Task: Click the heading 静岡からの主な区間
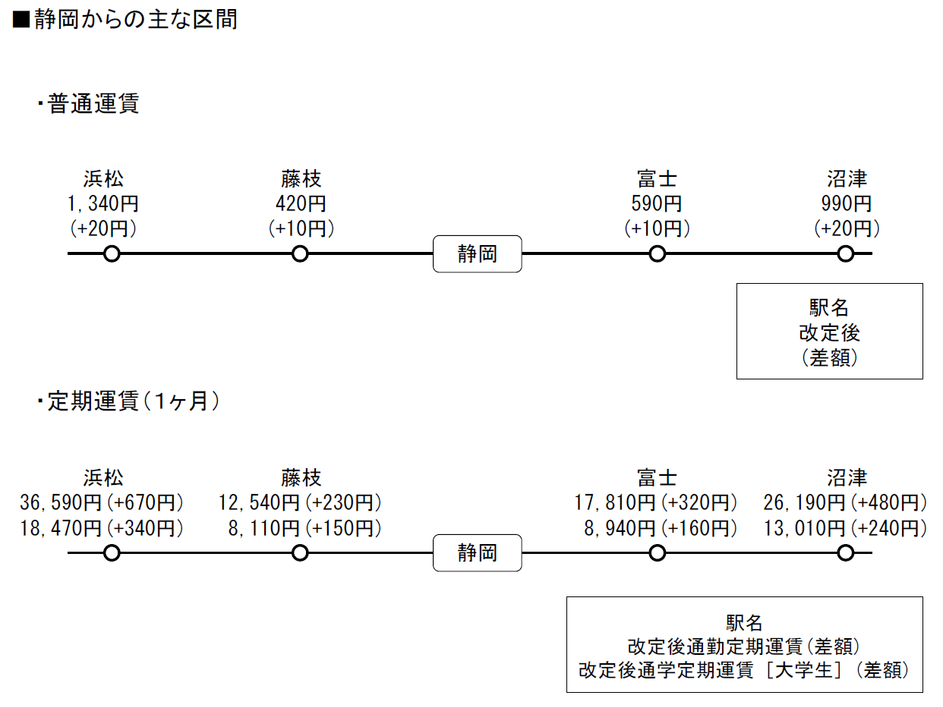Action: point(135,20)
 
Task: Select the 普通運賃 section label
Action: point(93,103)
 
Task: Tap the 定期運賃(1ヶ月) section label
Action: point(133,401)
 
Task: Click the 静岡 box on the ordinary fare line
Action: point(478,253)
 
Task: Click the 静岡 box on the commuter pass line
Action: point(478,552)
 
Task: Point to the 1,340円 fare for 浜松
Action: point(103,203)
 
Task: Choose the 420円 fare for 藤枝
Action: point(301,203)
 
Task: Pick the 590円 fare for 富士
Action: point(657,203)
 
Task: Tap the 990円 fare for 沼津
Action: point(847,203)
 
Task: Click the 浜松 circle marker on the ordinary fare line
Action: point(112,253)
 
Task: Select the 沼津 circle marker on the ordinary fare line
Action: point(846,253)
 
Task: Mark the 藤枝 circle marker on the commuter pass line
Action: point(300,552)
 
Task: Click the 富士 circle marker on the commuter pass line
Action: point(658,552)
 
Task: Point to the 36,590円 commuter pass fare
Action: point(61,503)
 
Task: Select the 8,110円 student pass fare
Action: point(263,528)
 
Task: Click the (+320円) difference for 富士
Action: point(699,503)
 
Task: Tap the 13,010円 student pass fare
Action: point(804,528)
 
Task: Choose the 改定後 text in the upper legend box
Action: point(829,332)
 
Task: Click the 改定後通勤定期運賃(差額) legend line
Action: point(743,647)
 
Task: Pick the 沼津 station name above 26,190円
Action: point(847,477)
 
